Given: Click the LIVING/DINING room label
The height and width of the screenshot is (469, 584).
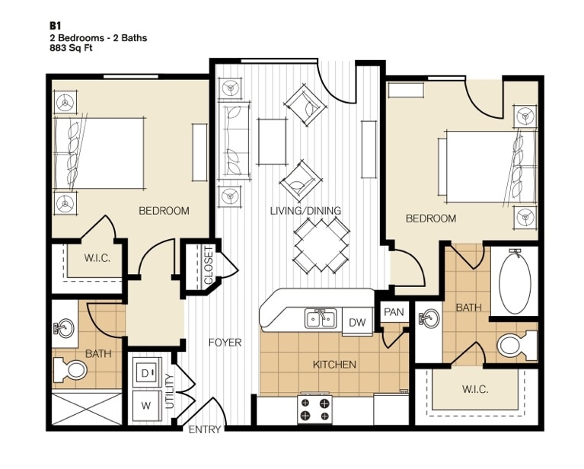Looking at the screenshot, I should (305, 210).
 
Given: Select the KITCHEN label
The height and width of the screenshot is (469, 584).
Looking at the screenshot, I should (334, 365).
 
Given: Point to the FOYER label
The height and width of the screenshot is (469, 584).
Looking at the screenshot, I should (225, 343).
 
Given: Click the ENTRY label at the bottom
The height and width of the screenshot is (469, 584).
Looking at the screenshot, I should (205, 430).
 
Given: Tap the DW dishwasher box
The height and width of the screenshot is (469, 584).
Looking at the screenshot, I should (357, 323).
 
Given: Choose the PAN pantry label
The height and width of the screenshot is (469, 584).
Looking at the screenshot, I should (394, 312).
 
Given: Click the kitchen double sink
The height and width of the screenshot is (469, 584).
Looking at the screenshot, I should (321, 318).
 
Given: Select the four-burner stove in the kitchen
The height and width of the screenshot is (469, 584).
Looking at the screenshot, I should (315, 409).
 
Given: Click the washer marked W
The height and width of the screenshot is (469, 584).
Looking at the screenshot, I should (145, 405).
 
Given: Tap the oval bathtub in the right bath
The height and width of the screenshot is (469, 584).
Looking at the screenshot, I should (519, 281).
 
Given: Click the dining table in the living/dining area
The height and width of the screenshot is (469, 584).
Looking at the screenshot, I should (321, 245).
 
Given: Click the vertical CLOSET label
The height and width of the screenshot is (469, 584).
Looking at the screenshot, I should (209, 266).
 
